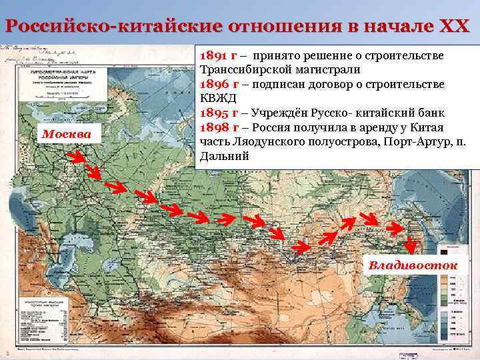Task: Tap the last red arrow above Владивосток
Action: [x=397, y=228]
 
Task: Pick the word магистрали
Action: [x=329, y=69]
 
